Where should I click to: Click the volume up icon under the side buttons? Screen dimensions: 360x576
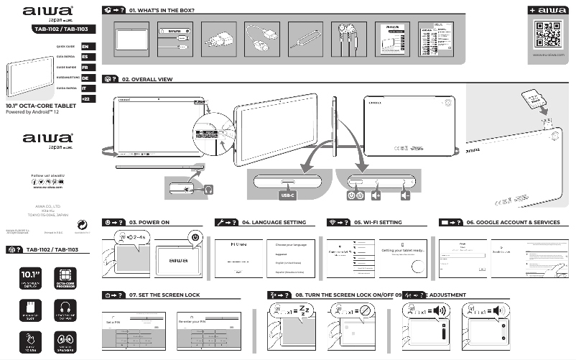(x=376, y=194)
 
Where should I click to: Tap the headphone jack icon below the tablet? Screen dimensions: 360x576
(x=208, y=190)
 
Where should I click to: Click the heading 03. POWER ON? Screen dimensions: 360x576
(x=149, y=223)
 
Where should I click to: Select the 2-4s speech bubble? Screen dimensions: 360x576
(x=132, y=238)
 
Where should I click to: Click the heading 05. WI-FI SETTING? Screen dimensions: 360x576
(x=378, y=223)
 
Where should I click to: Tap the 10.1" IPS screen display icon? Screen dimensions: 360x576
(x=32, y=278)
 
